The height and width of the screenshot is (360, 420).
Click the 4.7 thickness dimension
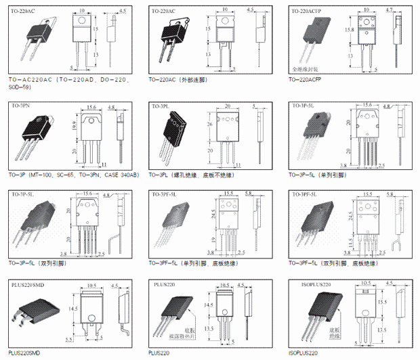[x=390, y=10]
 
